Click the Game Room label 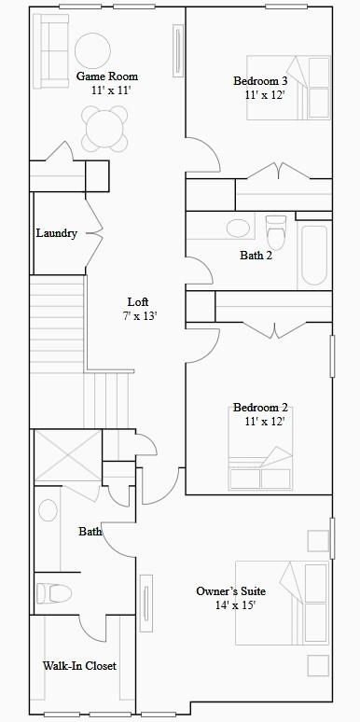coord(106,76)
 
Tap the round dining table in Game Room coord(104,129)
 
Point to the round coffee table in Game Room coord(92,50)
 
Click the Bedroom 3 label coord(260,81)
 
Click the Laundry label coord(56,233)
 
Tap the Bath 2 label coord(256,256)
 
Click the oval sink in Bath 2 coord(238,228)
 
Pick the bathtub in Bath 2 coord(313,256)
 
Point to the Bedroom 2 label coord(260,408)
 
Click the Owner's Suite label coord(230,591)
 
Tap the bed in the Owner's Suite coord(282,603)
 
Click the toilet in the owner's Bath coord(54,592)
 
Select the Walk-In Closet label coord(79,666)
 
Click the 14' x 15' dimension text coord(235,605)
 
